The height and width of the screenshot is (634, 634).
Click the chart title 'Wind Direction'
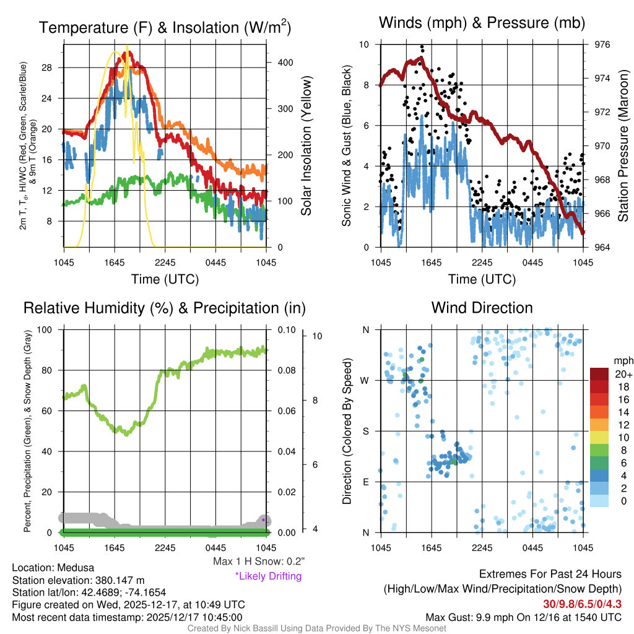(x=482, y=308)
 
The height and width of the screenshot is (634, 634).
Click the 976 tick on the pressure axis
(x=602, y=45)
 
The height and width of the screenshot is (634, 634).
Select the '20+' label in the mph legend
(x=622, y=374)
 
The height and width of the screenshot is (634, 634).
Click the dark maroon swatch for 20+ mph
(x=601, y=374)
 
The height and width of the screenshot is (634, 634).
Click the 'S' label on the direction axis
(x=366, y=431)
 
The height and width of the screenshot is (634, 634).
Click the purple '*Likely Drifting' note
(x=268, y=576)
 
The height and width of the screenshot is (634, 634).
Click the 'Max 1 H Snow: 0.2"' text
(x=258, y=562)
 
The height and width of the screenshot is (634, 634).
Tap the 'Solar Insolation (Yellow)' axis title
(x=306, y=145)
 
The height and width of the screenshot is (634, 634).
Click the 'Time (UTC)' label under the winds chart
(x=482, y=279)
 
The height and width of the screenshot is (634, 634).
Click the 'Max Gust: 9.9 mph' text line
(x=523, y=617)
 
